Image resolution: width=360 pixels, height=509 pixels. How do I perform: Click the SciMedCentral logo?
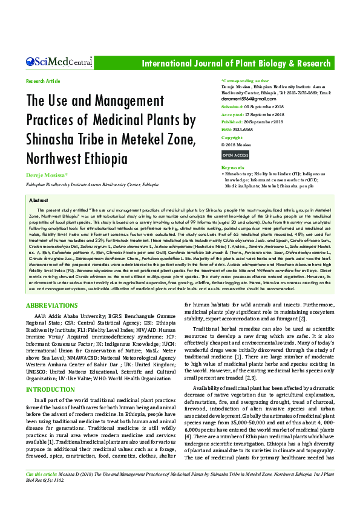(59, 62)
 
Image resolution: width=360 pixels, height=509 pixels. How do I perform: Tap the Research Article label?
(43, 81)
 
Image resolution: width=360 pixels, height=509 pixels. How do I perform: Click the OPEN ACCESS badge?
(235, 155)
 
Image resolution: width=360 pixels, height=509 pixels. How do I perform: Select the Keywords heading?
(233, 167)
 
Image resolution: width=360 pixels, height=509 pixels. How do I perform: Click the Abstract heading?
(39, 199)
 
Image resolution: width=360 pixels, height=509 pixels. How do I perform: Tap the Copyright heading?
(232, 138)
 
